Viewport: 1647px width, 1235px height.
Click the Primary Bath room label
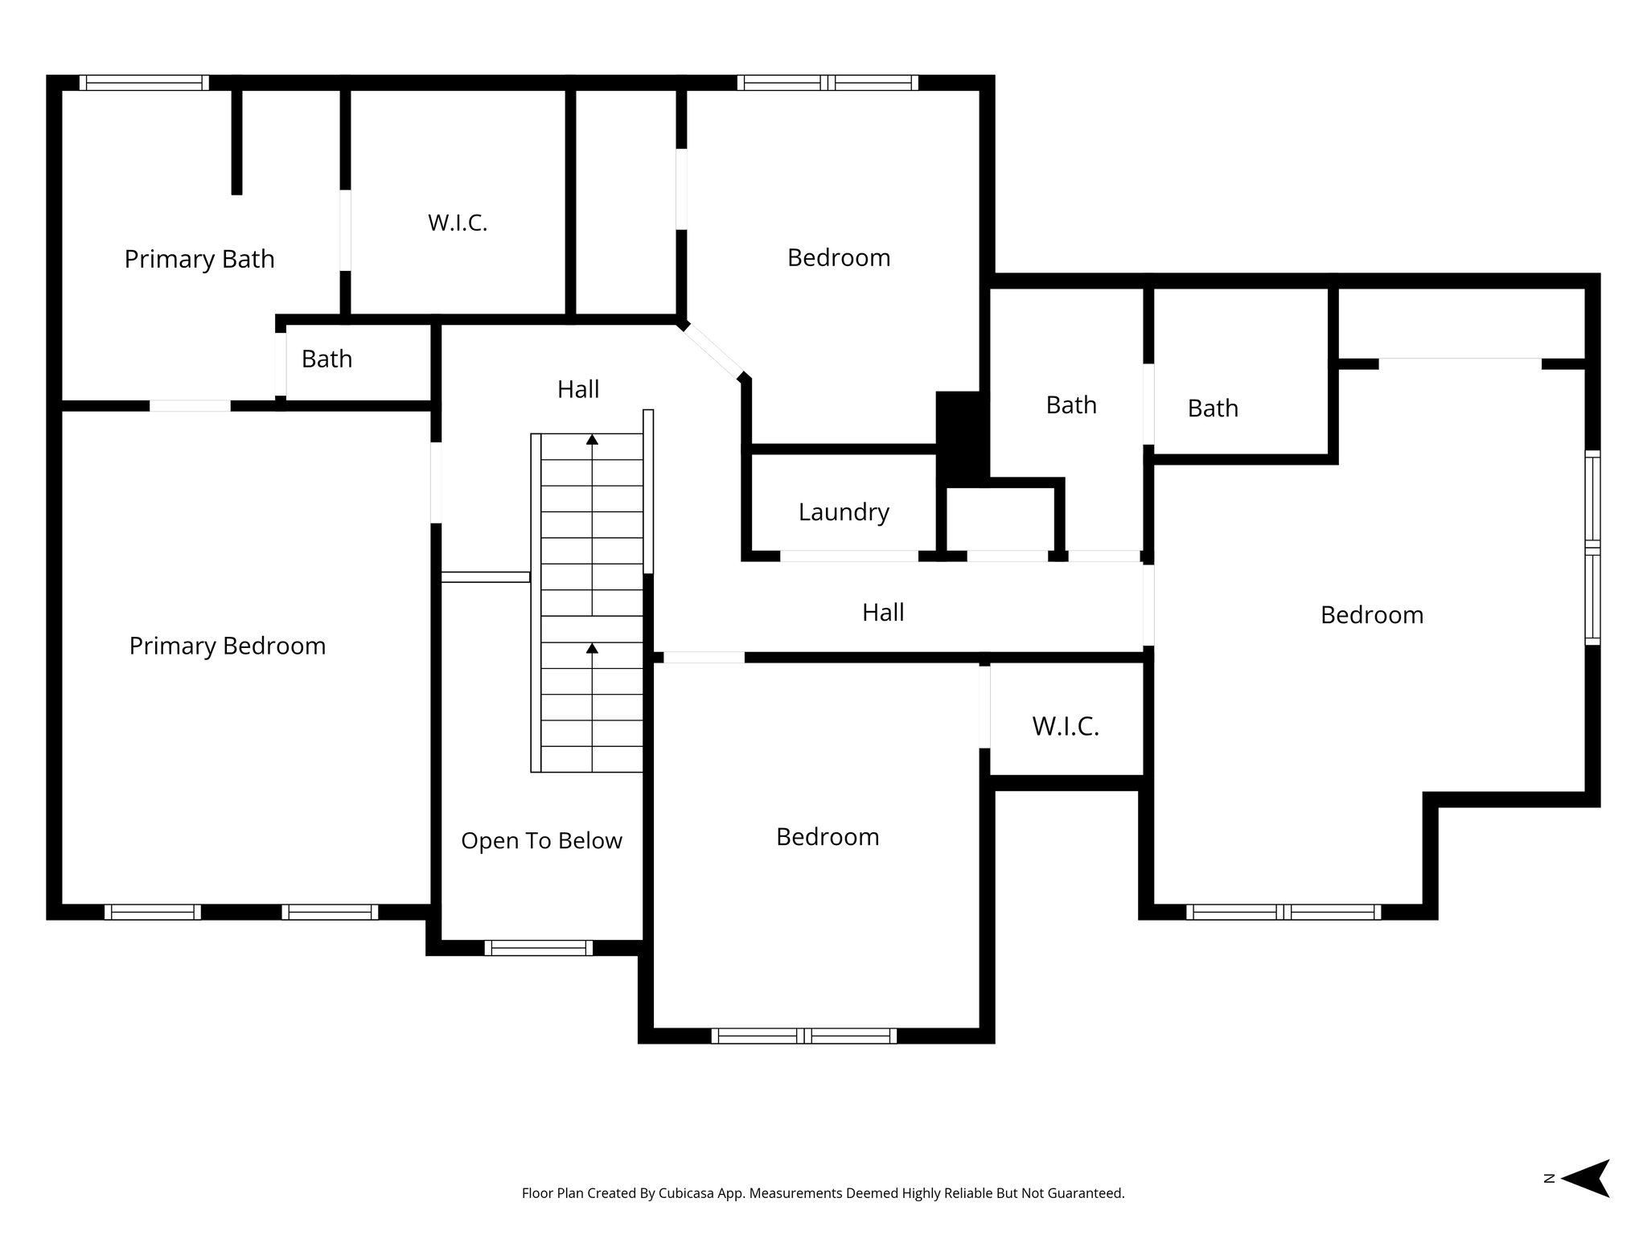(199, 260)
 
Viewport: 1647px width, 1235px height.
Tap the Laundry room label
(844, 512)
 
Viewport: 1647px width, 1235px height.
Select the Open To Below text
(541, 841)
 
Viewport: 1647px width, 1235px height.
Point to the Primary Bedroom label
(228, 646)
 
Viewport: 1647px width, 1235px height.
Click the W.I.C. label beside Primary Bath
(458, 223)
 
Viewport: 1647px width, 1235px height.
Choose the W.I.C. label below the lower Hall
(1066, 727)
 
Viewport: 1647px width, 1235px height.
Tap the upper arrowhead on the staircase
(592, 439)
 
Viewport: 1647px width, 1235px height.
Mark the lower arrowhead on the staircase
(592, 647)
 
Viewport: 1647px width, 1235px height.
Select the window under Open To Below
(538, 948)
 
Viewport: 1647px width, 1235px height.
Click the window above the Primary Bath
(144, 83)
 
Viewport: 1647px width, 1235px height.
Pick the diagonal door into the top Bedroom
(713, 352)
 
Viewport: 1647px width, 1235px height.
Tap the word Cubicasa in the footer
(689, 1193)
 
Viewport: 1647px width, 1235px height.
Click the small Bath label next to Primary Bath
(327, 359)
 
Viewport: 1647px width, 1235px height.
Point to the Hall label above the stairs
(578, 390)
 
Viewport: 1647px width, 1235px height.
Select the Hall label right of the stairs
(883, 613)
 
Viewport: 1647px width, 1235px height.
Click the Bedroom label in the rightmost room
(1372, 616)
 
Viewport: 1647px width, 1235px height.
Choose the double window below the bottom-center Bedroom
(804, 1036)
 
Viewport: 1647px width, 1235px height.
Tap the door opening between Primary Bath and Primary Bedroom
(190, 405)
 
